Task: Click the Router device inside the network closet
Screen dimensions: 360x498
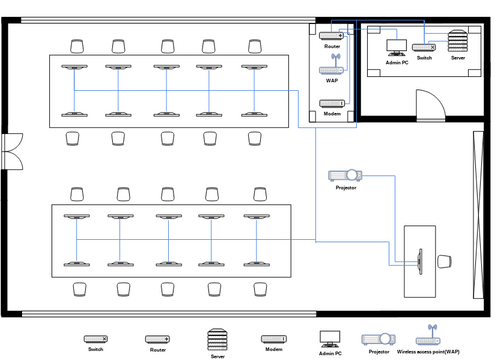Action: pos(332,36)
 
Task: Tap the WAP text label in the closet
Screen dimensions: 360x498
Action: pos(332,81)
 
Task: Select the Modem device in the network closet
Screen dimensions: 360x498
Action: pos(332,103)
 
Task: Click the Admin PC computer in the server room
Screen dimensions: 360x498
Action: pos(396,46)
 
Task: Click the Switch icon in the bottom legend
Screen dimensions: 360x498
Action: pos(95,339)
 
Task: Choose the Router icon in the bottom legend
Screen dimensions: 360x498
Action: pos(157,339)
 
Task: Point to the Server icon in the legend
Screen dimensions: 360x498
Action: pos(217,339)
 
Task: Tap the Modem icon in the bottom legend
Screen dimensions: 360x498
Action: pos(274,339)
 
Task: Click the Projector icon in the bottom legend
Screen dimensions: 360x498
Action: pos(378,339)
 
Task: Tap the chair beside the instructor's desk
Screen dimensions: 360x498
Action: pos(446,261)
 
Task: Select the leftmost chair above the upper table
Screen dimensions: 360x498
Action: pos(77,45)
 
